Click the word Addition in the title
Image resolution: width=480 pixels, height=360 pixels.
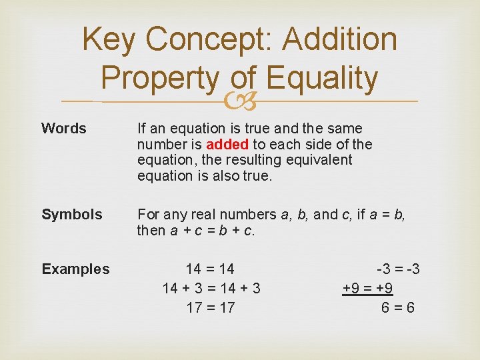[x=339, y=39]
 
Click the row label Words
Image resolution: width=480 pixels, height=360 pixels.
[x=64, y=128]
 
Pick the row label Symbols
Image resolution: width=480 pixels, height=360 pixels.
[x=72, y=214]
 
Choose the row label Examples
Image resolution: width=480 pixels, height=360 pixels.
[x=75, y=269]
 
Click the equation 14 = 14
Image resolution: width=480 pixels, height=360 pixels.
[x=210, y=269]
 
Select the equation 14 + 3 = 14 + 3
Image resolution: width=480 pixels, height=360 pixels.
[x=211, y=288]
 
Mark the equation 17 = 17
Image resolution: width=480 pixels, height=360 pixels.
[x=210, y=307]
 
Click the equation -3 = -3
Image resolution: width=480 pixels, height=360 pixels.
[x=398, y=269]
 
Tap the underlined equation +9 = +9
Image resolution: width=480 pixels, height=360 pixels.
[x=367, y=288]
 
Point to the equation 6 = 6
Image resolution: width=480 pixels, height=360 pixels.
[x=397, y=307]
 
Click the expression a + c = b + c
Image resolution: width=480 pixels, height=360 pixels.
[x=213, y=231]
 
